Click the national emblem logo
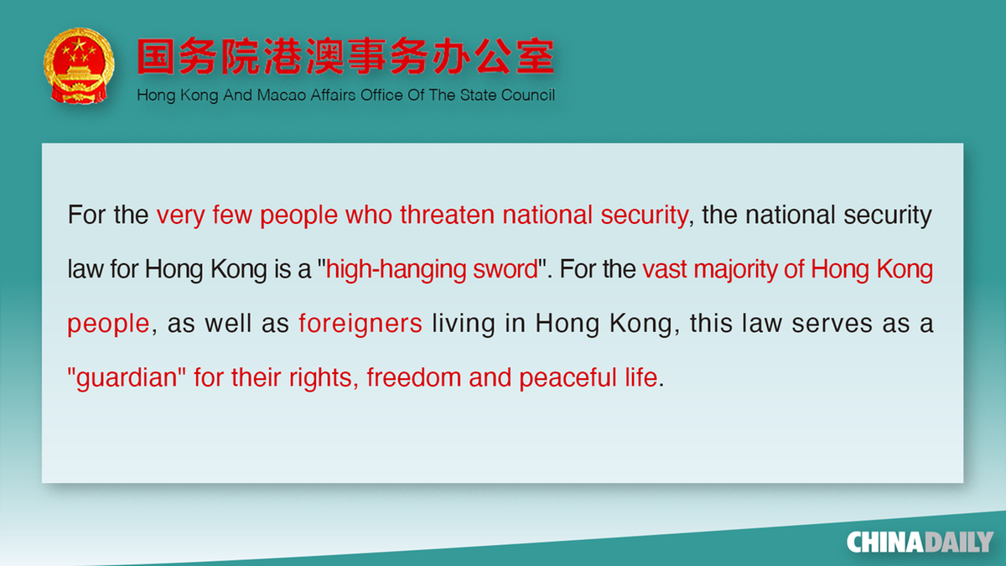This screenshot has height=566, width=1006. tap(79, 65)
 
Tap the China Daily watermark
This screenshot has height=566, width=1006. tap(920, 543)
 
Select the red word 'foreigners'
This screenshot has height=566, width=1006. tap(360, 324)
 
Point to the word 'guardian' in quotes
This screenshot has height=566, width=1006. tap(127, 378)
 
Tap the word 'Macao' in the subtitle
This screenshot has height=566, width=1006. tap(281, 96)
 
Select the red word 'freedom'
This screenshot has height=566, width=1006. tap(413, 377)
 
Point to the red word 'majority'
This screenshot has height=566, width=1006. tap(735, 269)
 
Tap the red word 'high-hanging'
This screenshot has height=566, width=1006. tap(396, 269)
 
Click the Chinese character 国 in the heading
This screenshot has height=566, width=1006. tap(155, 56)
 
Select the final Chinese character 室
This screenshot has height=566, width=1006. tap(535, 56)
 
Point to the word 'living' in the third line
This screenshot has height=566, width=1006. tap(464, 324)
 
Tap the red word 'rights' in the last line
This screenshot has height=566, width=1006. tap(320, 378)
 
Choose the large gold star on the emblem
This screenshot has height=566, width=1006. tap(78, 45)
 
